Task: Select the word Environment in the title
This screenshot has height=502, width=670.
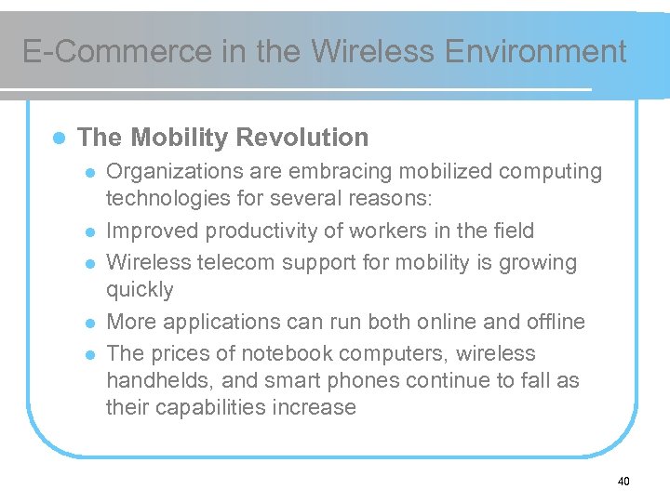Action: [x=536, y=51]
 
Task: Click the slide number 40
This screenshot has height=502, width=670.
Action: [x=623, y=481]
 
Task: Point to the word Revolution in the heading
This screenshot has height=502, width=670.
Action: [x=302, y=138]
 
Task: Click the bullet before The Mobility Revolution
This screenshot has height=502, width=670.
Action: [x=58, y=138]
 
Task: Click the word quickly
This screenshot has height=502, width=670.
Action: [x=140, y=289]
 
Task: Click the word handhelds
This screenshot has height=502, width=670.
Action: [x=154, y=380]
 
